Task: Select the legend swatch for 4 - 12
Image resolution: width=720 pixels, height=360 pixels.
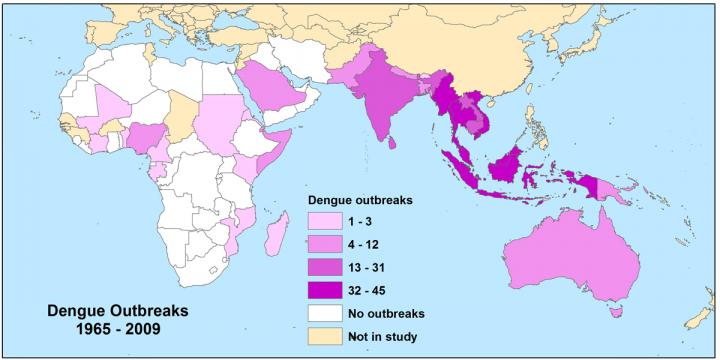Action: pyautogui.click(x=323, y=245)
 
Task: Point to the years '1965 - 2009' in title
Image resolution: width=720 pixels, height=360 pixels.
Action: pyautogui.click(x=107, y=327)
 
